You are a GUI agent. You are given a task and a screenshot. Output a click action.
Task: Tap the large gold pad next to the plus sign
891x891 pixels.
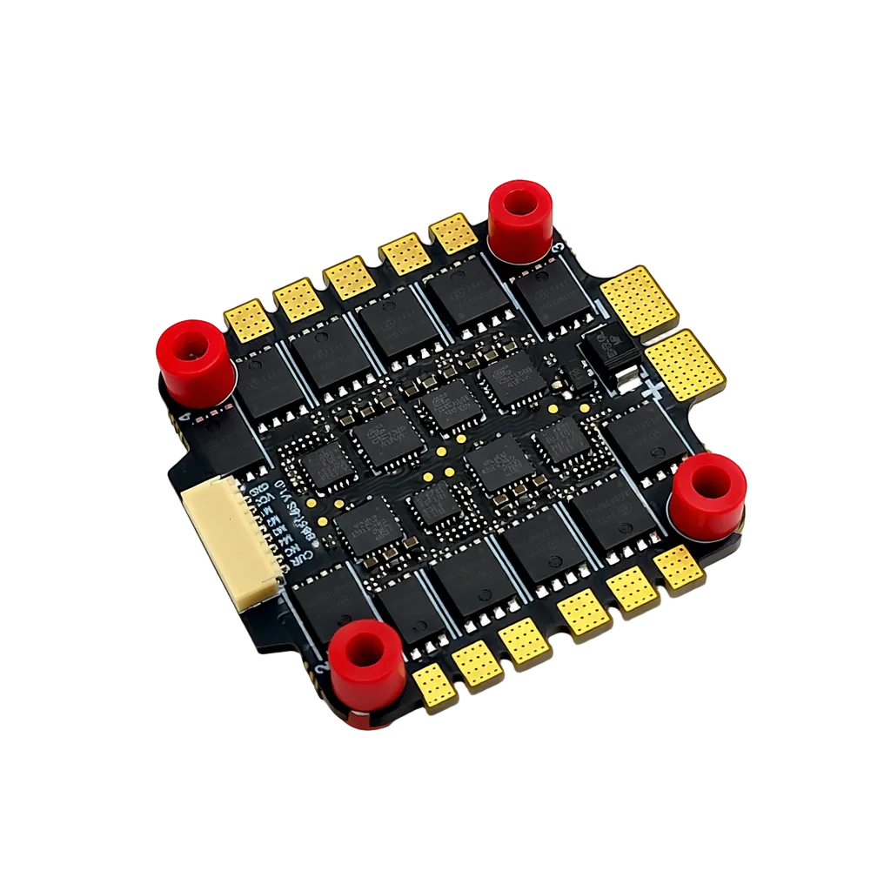[x=685, y=364]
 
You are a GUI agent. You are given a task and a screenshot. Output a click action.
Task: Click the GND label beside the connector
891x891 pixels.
[x=259, y=489]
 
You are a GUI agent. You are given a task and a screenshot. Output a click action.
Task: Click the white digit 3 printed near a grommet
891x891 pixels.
[x=558, y=248]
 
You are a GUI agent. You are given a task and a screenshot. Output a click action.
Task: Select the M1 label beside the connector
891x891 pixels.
[x=267, y=512]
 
